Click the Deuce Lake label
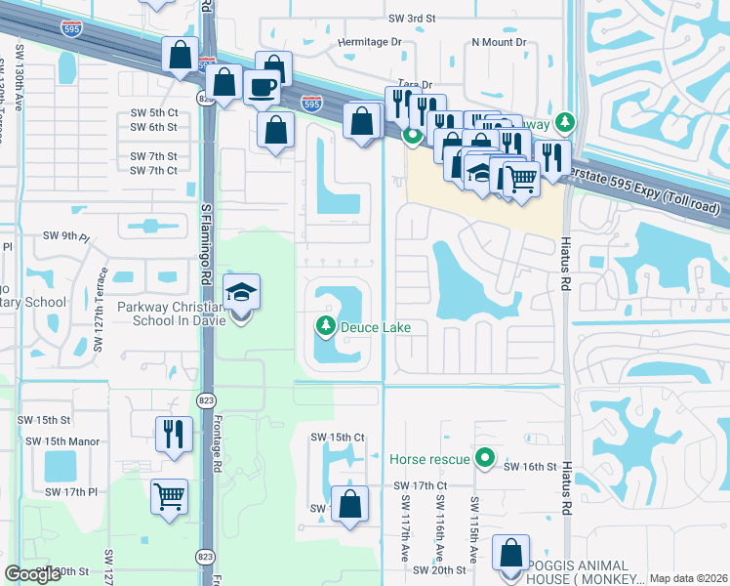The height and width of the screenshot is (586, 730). [x=375, y=327]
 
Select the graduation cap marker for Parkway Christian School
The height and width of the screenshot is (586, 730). [x=241, y=292]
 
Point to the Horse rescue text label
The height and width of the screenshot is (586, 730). [x=429, y=458]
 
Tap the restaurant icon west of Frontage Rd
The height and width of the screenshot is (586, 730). [x=174, y=434]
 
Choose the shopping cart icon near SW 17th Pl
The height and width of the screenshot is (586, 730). [x=170, y=497]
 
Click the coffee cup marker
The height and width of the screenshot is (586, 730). [x=262, y=88]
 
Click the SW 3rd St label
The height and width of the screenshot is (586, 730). [x=411, y=18]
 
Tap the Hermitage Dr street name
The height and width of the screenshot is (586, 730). [x=370, y=42]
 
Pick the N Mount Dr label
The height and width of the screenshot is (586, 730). [x=498, y=42]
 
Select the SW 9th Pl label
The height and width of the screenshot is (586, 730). [x=66, y=235]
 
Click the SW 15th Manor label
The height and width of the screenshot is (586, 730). [x=58, y=441]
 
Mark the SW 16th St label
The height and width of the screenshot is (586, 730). [x=530, y=467]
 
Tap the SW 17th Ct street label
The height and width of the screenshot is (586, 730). [x=420, y=485]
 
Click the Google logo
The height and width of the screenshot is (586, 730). [x=32, y=574]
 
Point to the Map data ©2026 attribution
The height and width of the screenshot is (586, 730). [x=688, y=578]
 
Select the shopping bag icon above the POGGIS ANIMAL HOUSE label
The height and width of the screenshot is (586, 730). [x=510, y=554]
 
